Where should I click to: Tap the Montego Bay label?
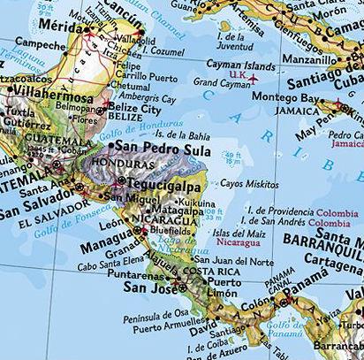288,97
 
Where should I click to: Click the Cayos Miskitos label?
249,183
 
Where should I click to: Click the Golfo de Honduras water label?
128,128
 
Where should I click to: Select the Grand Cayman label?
218,82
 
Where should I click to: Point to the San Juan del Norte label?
230,260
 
